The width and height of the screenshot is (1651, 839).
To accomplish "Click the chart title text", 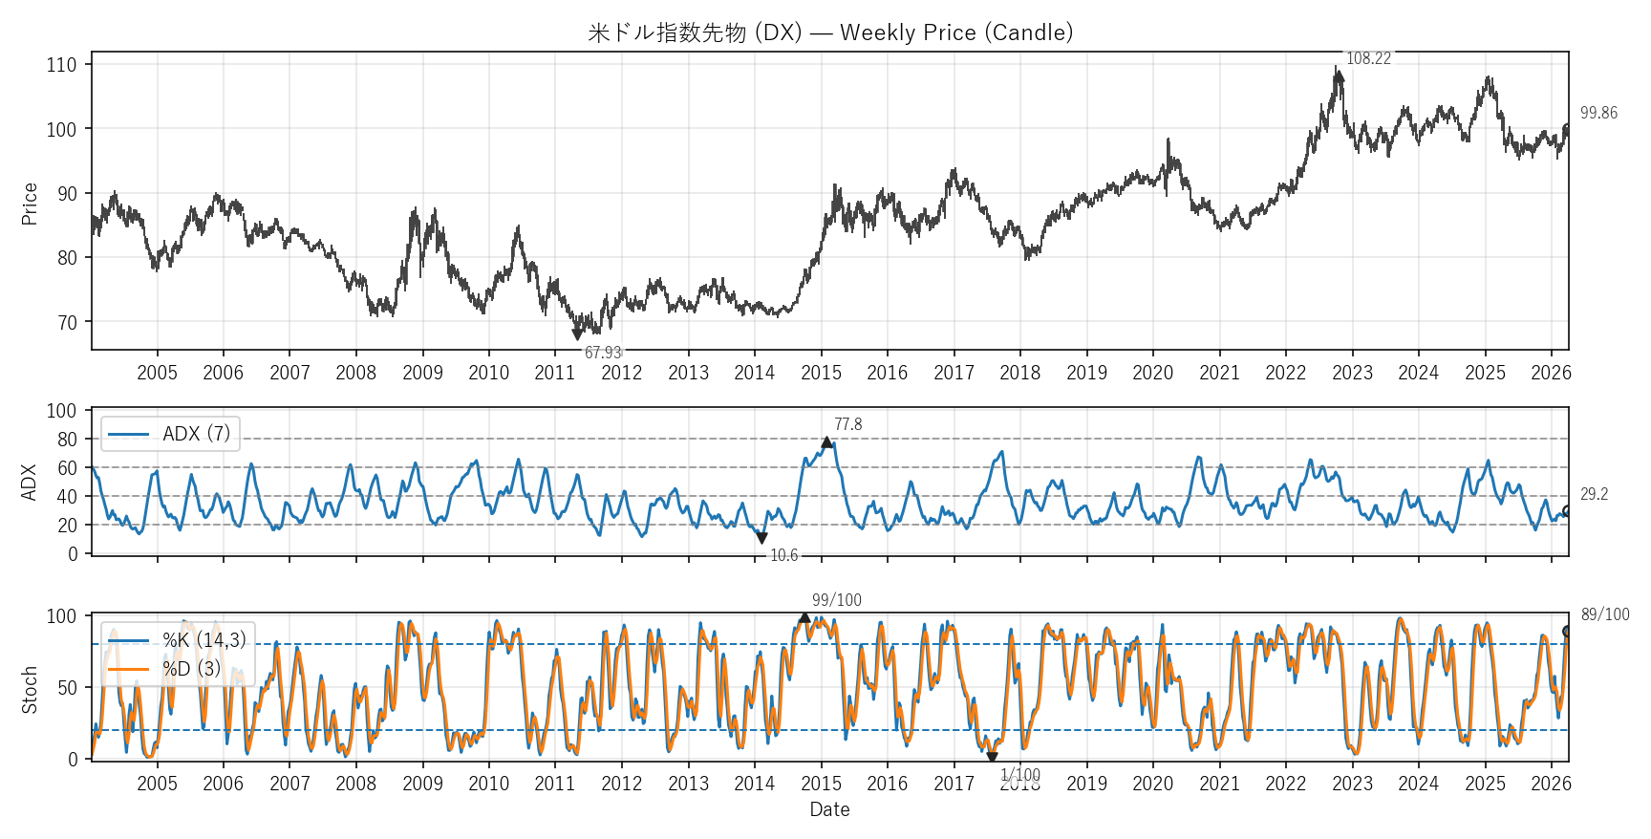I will point(829,32).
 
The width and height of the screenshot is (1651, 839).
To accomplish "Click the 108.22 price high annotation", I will point(1368,59).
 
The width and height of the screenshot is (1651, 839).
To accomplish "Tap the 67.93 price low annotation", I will point(603,353).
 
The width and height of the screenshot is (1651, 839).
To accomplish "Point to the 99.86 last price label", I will point(1598,113).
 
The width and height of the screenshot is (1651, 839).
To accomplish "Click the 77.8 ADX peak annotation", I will point(847,424).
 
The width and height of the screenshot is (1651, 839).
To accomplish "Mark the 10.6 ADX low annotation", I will point(783,555).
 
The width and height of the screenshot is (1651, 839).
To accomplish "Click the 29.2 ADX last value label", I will point(1594,494).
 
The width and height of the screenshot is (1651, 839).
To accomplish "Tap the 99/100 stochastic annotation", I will point(836,600).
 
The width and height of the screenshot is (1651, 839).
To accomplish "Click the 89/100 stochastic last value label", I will point(1605,614).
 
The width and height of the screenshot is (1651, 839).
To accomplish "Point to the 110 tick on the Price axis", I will point(61,65).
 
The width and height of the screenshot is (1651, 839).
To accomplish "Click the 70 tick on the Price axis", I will point(67,323).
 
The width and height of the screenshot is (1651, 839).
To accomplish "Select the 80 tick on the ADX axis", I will point(67,440).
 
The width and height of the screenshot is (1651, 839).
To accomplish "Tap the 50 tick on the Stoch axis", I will point(67,688).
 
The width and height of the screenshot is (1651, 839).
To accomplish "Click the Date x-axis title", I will point(829,810).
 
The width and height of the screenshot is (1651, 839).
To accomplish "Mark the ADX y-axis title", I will point(29,482).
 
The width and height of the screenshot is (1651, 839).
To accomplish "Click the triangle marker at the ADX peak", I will point(826,442).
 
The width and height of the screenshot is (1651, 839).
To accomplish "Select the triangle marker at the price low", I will point(577,334).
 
